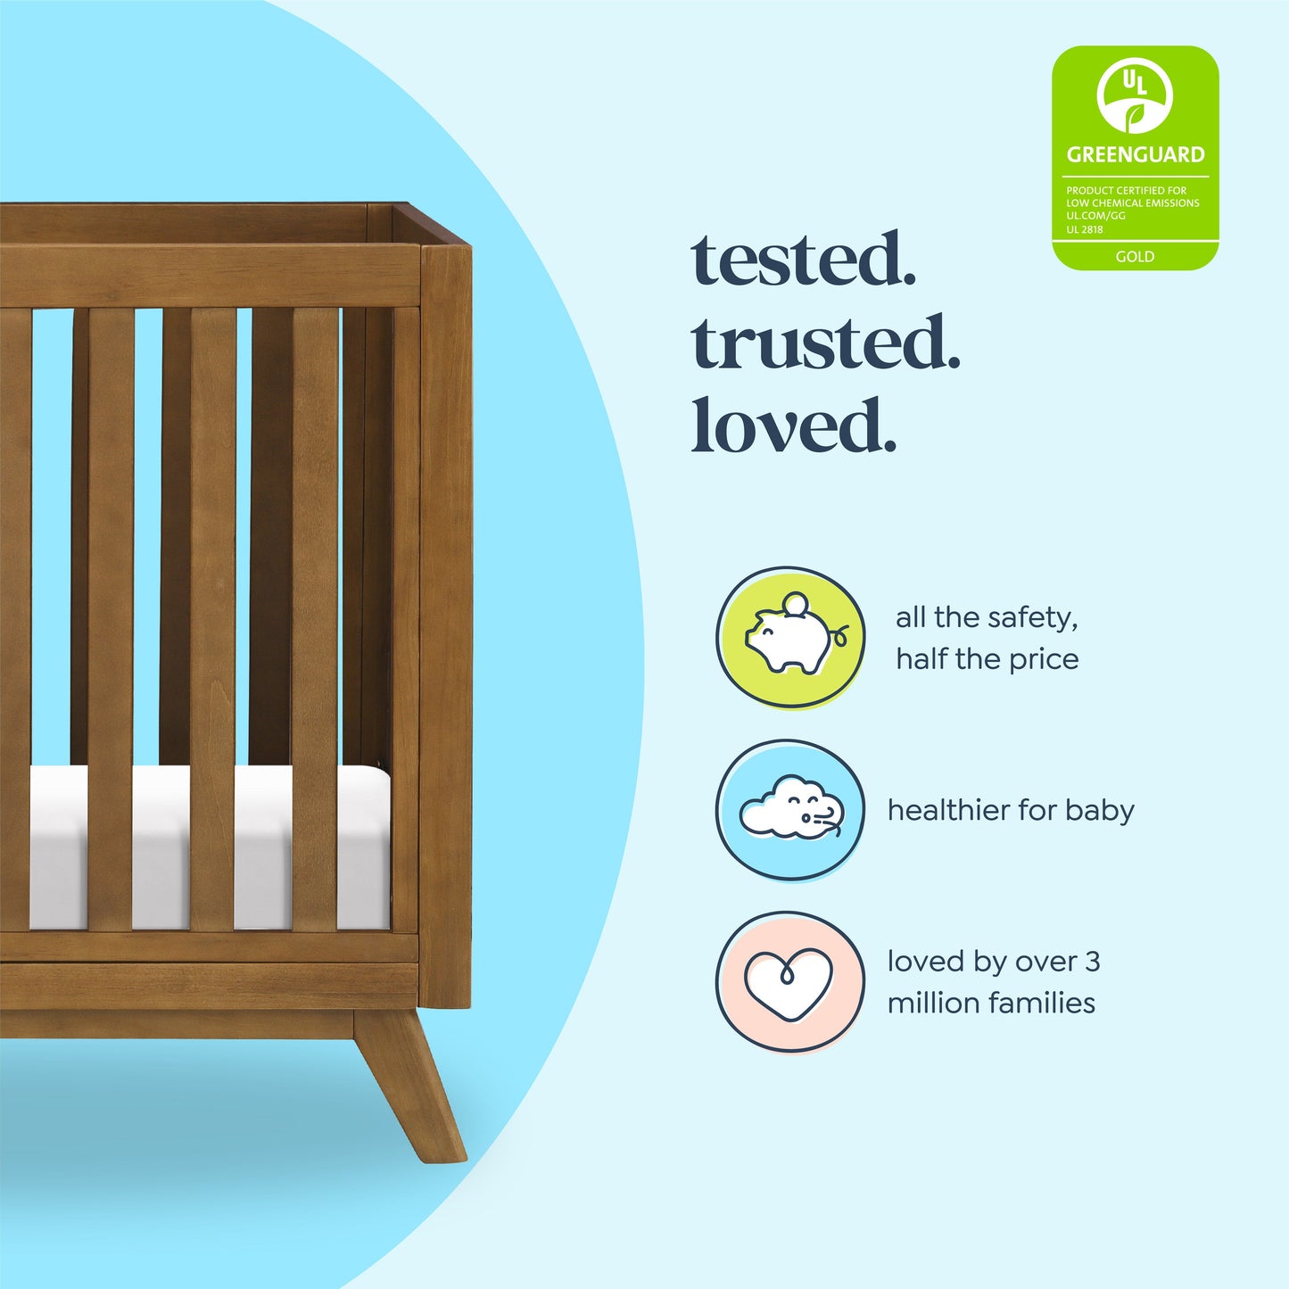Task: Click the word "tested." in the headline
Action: [x=804, y=260]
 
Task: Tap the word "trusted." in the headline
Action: [x=825, y=343]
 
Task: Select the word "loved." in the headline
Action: [x=793, y=426]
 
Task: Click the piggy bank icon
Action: [x=789, y=639]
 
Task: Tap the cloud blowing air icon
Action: [x=790, y=809]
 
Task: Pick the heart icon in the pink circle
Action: [x=789, y=982]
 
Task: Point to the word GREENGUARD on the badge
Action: [x=1135, y=155]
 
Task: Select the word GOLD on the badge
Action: [x=1135, y=257]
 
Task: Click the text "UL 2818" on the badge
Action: [x=1085, y=229]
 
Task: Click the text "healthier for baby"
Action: [x=1011, y=810]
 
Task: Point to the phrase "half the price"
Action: [x=987, y=659]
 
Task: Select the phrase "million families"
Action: [x=991, y=1003]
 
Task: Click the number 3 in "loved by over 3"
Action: [x=1092, y=962]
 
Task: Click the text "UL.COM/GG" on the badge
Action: [x=1095, y=216]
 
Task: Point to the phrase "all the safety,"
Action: [x=987, y=617]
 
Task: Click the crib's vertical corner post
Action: [x=446, y=624]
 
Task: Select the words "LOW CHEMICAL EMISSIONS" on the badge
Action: [x=1132, y=203]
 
